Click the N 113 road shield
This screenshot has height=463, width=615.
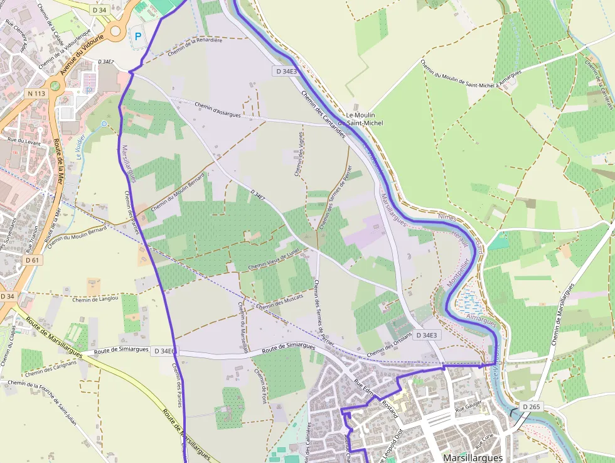click(x=36, y=94)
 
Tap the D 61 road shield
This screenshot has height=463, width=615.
click(x=33, y=259)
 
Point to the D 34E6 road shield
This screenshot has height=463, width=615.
click(x=165, y=351)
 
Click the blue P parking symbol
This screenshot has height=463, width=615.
click(x=137, y=37)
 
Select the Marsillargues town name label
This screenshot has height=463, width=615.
click(x=472, y=458)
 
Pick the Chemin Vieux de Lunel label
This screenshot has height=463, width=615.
click(x=274, y=259)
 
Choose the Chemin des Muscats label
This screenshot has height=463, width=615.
click(x=280, y=300)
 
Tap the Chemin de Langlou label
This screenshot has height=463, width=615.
click(x=95, y=300)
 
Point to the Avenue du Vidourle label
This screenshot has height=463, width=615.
click(x=81, y=58)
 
